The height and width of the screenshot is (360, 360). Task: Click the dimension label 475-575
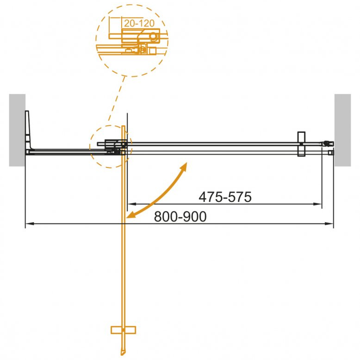(225, 197)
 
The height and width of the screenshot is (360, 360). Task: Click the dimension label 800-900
(180, 217)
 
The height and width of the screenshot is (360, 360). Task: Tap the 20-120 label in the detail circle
(139, 23)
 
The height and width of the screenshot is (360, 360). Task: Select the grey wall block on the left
(17, 130)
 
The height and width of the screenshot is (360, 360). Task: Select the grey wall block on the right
(342, 130)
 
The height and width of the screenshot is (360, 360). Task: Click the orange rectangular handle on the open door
(123, 330)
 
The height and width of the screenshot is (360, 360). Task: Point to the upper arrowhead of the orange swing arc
(184, 166)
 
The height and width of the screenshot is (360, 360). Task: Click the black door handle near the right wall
(301, 144)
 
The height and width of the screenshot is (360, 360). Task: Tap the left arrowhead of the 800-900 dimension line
(30, 223)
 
